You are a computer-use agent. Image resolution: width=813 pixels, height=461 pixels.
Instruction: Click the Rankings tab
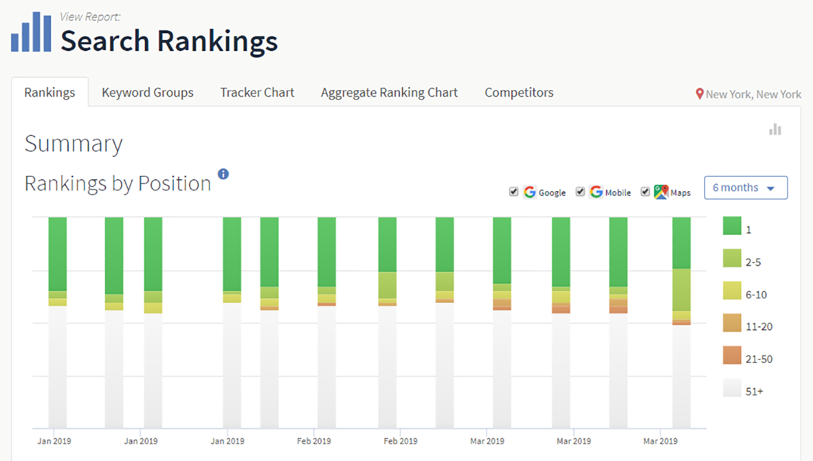pyautogui.click(x=50, y=93)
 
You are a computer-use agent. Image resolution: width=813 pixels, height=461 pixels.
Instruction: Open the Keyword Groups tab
pyautogui.click(x=147, y=93)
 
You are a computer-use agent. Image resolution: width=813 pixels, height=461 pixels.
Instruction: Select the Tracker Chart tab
pyautogui.click(x=257, y=93)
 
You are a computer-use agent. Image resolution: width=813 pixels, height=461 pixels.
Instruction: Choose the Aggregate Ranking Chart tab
pyautogui.click(x=389, y=93)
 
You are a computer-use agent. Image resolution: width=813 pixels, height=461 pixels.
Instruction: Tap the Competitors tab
pyautogui.click(x=519, y=93)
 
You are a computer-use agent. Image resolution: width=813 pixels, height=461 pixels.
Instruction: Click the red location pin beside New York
pyautogui.click(x=699, y=94)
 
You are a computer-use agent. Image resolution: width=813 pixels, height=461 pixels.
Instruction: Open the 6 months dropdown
pyautogui.click(x=746, y=188)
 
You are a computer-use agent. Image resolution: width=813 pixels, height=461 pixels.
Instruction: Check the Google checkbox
pyautogui.click(x=514, y=192)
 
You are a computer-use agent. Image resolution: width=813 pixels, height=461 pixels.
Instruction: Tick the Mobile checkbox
pyautogui.click(x=580, y=192)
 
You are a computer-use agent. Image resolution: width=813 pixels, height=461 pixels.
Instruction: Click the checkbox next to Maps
pyautogui.click(x=645, y=192)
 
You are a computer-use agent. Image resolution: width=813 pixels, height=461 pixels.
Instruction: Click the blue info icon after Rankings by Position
pyautogui.click(x=223, y=174)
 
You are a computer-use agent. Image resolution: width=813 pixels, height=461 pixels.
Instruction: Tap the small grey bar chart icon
pyautogui.click(x=775, y=130)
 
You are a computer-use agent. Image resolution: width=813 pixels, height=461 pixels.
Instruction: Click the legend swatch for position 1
pyautogui.click(x=732, y=226)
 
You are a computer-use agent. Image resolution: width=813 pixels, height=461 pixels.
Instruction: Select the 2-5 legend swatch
pyautogui.click(x=732, y=258)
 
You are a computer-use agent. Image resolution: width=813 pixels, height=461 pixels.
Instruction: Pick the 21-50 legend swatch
pyautogui.click(x=732, y=356)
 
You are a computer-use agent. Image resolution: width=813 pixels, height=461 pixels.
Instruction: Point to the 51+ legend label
pyautogui.click(x=755, y=392)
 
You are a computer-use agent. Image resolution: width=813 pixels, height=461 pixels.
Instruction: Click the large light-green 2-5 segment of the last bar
pyautogui.click(x=682, y=290)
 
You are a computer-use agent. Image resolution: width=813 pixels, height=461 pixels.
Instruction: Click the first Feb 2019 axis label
pyautogui.click(x=314, y=441)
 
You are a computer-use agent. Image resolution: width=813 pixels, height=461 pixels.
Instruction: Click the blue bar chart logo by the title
pyautogui.click(x=31, y=32)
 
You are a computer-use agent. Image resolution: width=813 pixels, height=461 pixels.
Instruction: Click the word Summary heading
pyautogui.click(x=74, y=144)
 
